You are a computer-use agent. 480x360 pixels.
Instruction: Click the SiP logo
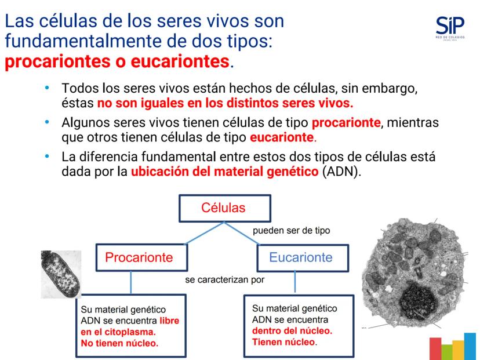pyautogui.click(x=450, y=28)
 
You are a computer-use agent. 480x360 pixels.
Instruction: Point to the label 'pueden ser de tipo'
pyautogui.click(x=292, y=231)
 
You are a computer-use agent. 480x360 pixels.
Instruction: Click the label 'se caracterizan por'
pyautogui.click(x=225, y=280)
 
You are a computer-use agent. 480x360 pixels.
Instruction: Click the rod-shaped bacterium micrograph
pyautogui.click(x=61, y=274)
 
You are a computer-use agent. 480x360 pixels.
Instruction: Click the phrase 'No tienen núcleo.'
pyautogui.click(x=119, y=343)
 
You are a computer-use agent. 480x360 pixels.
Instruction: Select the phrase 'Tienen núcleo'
pyautogui.click(x=283, y=342)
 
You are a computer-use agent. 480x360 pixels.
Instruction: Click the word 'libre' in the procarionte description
pyautogui.click(x=170, y=321)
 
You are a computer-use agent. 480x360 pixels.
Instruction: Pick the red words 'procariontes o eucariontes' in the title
pyautogui.click(x=117, y=61)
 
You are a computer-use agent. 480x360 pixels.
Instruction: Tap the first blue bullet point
pyautogui.click(x=47, y=88)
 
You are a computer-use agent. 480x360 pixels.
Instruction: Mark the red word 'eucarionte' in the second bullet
pyautogui.click(x=282, y=137)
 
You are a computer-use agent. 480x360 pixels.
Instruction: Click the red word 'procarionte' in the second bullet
pyautogui.click(x=346, y=122)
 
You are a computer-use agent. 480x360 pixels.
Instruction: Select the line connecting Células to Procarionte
pyautogui.click(x=205, y=233)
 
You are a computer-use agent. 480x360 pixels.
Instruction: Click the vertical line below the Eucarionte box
pyautogui.click(x=295, y=282)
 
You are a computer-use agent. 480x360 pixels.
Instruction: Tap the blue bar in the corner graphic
pyautogui.click(x=470, y=346)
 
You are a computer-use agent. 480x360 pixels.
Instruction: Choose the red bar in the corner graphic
pyautogui.click(x=435, y=348)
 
